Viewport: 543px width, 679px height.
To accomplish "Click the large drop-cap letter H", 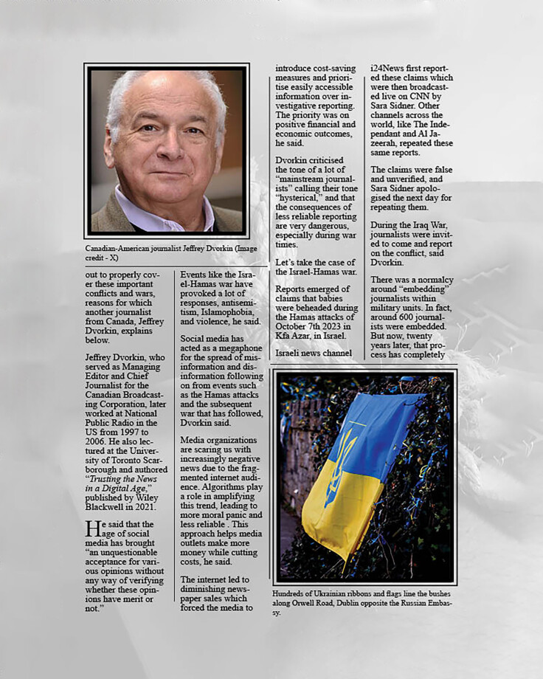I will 91,528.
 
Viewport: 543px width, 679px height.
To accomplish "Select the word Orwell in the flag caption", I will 317,603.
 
